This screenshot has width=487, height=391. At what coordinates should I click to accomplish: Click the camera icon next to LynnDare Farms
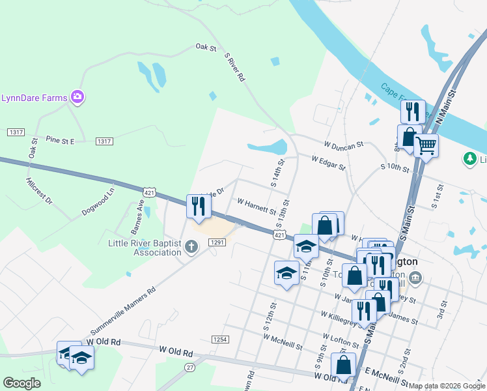point(77,97)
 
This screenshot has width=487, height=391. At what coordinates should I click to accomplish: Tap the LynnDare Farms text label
point(35,98)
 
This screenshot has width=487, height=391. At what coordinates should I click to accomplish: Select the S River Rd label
point(234,67)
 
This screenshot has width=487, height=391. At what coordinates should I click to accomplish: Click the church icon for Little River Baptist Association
point(191,246)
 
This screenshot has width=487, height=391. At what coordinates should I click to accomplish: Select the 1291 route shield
point(217,242)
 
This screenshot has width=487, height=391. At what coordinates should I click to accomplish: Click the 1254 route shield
point(220,340)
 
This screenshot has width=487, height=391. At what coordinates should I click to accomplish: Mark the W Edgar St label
point(328,162)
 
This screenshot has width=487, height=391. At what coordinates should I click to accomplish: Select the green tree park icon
point(469,158)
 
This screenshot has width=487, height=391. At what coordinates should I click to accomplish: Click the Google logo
point(21,383)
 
